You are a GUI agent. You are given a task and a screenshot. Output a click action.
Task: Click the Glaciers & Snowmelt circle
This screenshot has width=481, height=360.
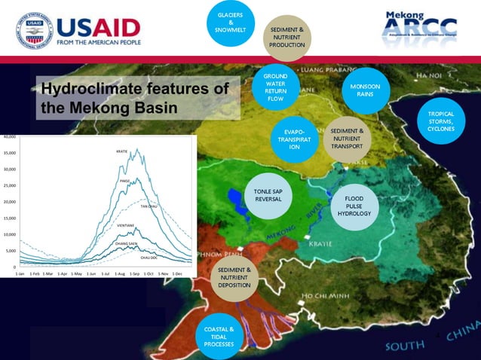(230, 22)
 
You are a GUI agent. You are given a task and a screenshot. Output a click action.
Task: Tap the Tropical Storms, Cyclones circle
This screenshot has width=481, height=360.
(441, 122)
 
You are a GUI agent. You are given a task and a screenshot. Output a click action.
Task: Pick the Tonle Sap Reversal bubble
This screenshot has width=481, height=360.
(268, 195)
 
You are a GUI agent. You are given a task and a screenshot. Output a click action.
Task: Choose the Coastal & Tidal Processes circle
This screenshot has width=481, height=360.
(219, 337)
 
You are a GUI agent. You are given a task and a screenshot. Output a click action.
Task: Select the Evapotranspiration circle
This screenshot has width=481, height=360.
(294, 139)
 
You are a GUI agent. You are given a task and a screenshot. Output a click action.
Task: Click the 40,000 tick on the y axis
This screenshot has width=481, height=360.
(9, 136)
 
